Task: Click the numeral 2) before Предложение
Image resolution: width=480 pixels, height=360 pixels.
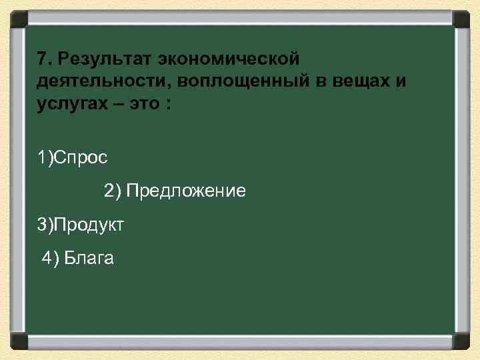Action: [113, 192]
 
